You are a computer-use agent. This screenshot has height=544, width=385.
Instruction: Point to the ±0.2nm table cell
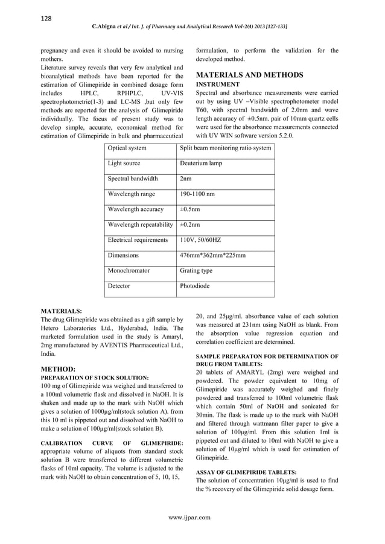(191, 225)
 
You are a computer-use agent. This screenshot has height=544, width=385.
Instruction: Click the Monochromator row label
(129, 271)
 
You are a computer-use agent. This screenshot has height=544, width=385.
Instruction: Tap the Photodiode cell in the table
(195, 286)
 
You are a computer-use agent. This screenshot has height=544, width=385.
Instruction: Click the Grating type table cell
(196, 271)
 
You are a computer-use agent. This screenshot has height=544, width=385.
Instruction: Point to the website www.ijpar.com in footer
(192, 517)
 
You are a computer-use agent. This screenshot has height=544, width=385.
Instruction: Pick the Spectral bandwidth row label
(133, 179)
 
